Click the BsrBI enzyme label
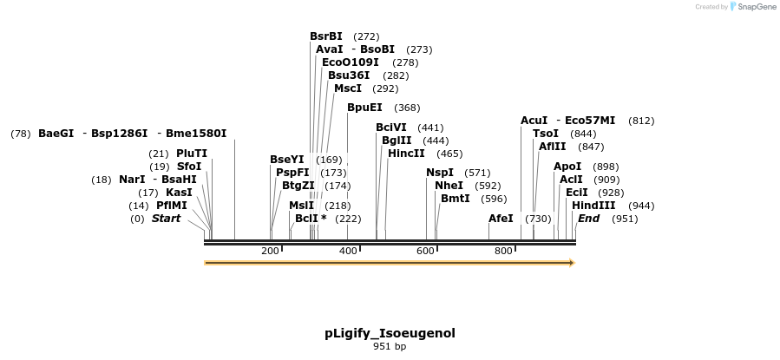(326, 36)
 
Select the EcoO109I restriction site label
(351, 62)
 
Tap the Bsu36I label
(349, 75)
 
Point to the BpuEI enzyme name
(364, 108)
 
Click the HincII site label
(406, 154)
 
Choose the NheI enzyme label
(449, 186)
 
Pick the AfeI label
(501, 219)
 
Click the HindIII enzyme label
(593, 206)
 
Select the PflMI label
(174, 206)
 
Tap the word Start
(166, 219)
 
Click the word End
(588, 219)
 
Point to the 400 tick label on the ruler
(348, 251)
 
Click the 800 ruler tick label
(503, 251)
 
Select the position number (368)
(407, 108)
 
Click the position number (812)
(641, 121)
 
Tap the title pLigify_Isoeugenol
(390, 333)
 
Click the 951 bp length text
(390, 347)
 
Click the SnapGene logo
(753, 7)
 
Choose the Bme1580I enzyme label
(196, 134)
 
